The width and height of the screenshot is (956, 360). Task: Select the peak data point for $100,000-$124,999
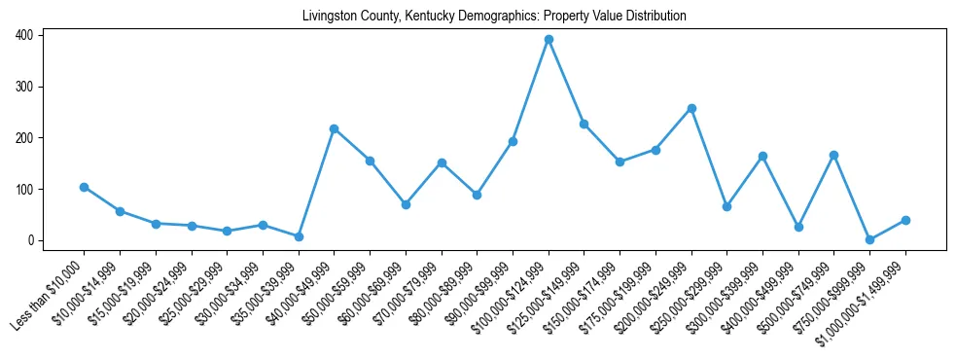549,39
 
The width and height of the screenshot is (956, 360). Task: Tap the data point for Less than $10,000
84,187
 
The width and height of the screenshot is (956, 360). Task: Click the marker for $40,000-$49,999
334,128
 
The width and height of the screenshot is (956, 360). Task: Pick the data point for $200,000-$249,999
691,108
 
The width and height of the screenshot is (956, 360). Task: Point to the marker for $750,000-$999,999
869,239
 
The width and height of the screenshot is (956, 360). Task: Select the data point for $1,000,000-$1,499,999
905,220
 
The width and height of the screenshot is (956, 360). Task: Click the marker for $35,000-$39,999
299,236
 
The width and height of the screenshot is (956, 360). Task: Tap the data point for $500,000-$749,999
833,155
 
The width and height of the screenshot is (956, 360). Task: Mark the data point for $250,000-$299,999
726,206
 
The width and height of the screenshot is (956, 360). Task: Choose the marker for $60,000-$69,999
406,204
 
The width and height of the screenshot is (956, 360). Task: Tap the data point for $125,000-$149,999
584,124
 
